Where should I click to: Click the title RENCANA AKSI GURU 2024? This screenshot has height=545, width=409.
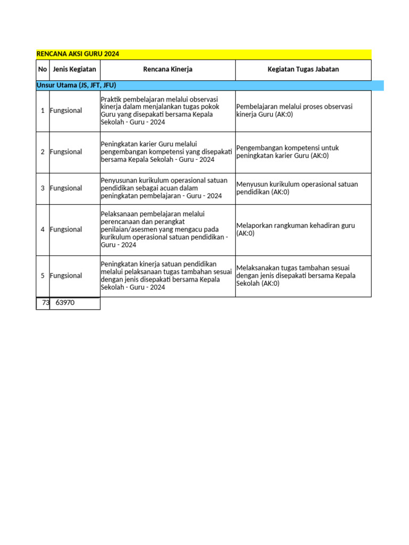click(x=78, y=54)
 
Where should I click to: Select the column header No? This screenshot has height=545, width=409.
click(x=43, y=70)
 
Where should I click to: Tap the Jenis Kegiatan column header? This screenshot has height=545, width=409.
click(x=75, y=70)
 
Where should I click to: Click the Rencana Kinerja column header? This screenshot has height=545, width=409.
click(x=168, y=70)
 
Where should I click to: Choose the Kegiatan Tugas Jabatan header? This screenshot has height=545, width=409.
click(x=303, y=70)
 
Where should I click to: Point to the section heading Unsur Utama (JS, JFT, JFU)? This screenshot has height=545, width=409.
click(x=76, y=85)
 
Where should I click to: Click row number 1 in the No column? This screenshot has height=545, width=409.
click(x=43, y=111)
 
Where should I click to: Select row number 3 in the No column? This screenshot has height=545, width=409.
click(x=43, y=188)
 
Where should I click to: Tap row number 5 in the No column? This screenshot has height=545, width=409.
click(x=43, y=276)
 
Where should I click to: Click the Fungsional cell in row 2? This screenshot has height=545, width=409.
click(x=66, y=152)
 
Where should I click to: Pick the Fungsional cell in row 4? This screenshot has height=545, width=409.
click(x=66, y=230)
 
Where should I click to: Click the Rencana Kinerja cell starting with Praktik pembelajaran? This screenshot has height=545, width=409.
click(x=167, y=111)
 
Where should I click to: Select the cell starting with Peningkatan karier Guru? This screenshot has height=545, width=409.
click(x=167, y=152)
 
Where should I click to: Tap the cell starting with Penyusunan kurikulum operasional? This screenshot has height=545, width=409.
click(x=167, y=188)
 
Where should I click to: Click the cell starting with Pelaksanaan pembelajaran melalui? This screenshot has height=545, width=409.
click(x=167, y=229)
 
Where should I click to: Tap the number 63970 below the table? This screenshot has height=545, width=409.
click(x=65, y=303)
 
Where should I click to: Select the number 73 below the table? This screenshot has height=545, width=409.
click(x=45, y=303)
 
